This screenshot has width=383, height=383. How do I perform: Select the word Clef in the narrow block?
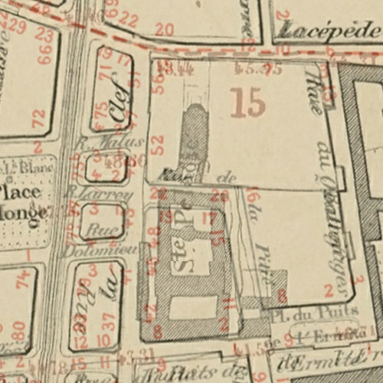[118, 106]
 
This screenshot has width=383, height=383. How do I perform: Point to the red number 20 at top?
[164, 30]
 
